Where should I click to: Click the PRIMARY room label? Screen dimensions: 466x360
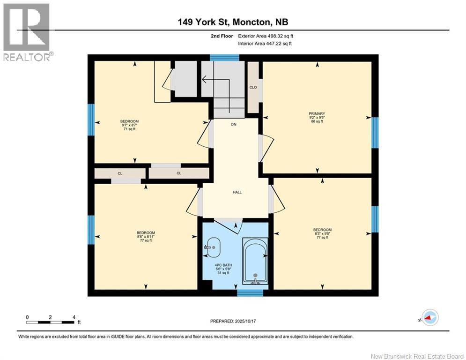click(x=317, y=113)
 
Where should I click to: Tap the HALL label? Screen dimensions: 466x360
click(x=237, y=192)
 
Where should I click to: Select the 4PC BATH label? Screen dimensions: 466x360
click(x=223, y=265)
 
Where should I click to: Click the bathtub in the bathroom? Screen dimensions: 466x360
click(x=255, y=260)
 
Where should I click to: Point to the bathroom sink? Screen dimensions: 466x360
click(x=214, y=247)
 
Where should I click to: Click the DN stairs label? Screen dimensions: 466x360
click(x=234, y=124)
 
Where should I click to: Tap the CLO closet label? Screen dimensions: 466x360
click(x=253, y=87)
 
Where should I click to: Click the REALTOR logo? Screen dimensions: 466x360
click(x=27, y=32)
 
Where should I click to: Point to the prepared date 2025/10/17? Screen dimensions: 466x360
click(x=245, y=321)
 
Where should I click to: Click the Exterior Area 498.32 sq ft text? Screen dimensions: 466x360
click(x=266, y=36)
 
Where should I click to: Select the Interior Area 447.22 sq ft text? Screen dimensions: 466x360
click(x=265, y=44)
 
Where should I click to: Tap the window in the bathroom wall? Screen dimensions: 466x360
click(x=250, y=293)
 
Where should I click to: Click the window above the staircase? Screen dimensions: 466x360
click(x=224, y=58)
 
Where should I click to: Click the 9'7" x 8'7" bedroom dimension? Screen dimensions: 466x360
click(x=129, y=125)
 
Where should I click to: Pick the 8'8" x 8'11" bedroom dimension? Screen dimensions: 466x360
click(x=146, y=237)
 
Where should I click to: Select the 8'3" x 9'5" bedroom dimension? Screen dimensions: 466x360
click(x=322, y=233)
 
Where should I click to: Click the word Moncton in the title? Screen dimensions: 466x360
click(x=251, y=22)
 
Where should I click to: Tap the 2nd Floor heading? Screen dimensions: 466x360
click(x=222, y=36)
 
